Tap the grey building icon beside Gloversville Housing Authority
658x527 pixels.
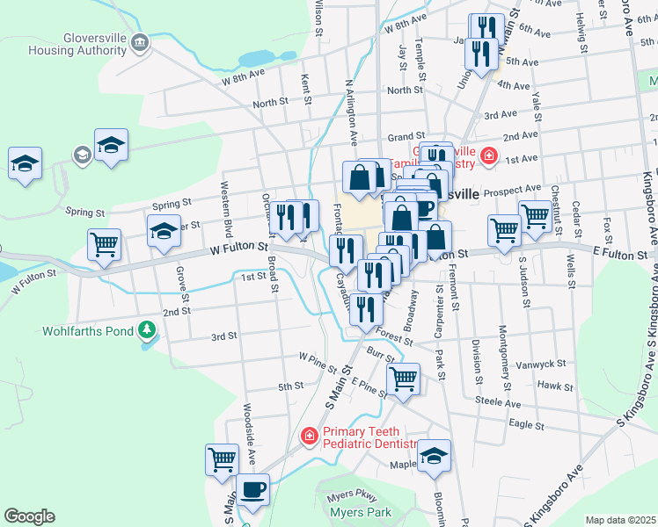139,43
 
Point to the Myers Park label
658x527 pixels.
359,512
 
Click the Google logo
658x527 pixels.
29,516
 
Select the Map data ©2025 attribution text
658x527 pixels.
620,520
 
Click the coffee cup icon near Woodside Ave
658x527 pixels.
252,489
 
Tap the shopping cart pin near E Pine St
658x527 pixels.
403,379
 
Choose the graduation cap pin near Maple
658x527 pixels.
434,456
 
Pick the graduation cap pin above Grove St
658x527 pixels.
164,232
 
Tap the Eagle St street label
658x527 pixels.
526,423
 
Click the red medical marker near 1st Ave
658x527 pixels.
489,159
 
